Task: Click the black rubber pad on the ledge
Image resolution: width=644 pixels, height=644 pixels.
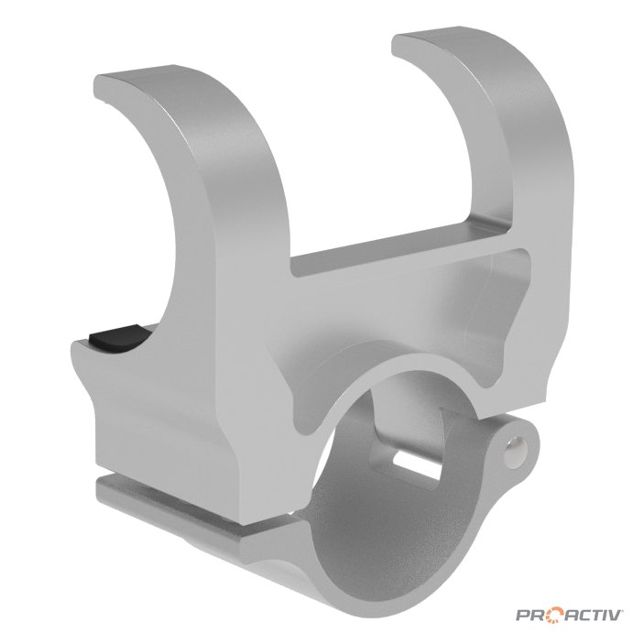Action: click(119, 337)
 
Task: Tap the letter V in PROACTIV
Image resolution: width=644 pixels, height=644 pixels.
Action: click(617, 615)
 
